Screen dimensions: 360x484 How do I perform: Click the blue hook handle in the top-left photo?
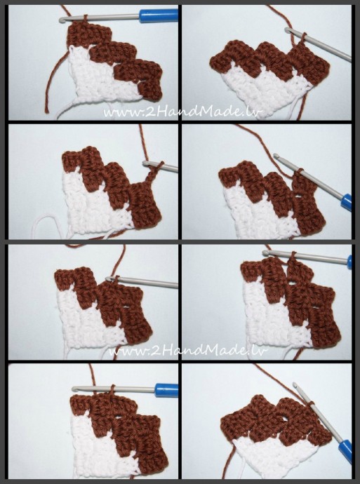click(159, 15)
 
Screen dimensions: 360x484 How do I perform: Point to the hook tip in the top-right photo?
click(287, 29)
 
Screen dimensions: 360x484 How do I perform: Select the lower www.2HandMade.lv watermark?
click(189, 351)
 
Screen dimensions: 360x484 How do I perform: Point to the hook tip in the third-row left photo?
click(108, 278)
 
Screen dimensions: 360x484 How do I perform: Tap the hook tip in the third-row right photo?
click(265, 253)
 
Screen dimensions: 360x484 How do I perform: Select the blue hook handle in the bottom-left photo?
click(167, 390)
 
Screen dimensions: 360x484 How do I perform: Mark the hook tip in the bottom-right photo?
click(295, 385)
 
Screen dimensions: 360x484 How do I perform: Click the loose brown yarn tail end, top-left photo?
click(46, 111)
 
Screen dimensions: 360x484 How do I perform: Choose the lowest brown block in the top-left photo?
click(151, 90)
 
